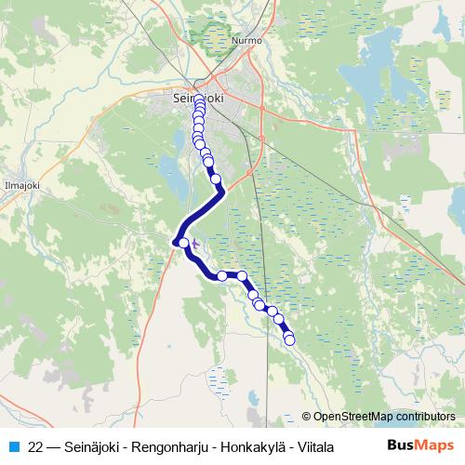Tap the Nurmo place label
[248, 41]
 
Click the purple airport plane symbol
[193, 246]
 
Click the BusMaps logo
[420, 445]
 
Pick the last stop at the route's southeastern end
[289, 340]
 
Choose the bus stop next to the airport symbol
[183, 244]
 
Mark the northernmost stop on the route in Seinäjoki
[199, 101]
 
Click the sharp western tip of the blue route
[174, 243]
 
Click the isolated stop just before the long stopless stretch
[215, 179]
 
